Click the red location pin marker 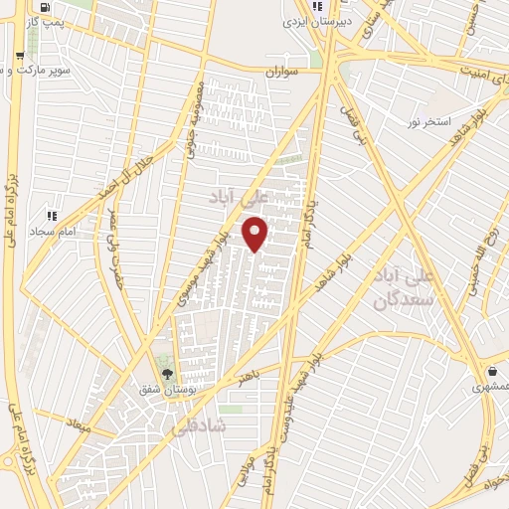255,234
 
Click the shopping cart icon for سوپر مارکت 21,56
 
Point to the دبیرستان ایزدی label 303,20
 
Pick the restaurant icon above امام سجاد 51,214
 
